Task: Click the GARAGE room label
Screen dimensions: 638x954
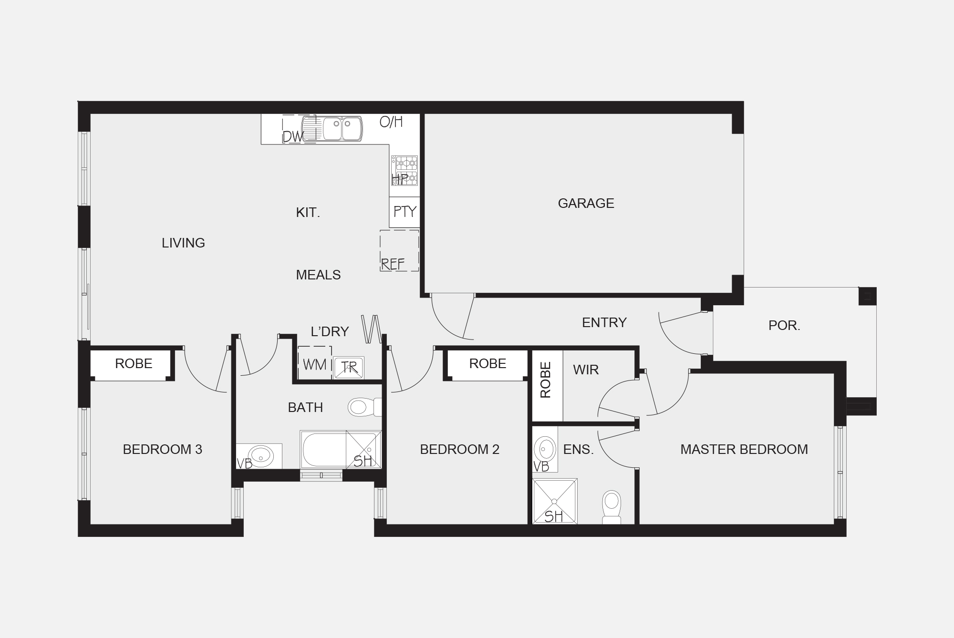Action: click(x=586, y=204)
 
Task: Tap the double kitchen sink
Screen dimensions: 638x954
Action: click(x=342, y=129)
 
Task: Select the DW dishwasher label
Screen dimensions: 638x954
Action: click(x=292, y=137)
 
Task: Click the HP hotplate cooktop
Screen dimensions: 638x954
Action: click(x=404, y=171)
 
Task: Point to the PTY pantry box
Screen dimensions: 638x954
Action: click(x=404, y=212)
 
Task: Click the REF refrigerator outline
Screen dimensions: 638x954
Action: click(x=399, y=251)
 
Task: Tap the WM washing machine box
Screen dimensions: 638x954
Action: click(x=314, y=364)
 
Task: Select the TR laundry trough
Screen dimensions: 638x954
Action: click(x=349, y=368)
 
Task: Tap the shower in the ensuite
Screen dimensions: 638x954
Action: click(x=554, y=502)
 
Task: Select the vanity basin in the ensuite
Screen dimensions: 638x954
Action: click(x=545, y=449)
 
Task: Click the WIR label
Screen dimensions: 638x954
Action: click(x=586, y=370)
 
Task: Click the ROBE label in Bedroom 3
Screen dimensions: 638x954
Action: click(x=134, y=364)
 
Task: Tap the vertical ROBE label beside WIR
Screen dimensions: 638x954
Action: click(x=546, y=380)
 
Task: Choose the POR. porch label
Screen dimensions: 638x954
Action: click(x=784, y=326)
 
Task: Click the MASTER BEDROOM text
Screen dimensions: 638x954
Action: click(x=744, y=449)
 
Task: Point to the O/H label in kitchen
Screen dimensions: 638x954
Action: click(x=391, y=122)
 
